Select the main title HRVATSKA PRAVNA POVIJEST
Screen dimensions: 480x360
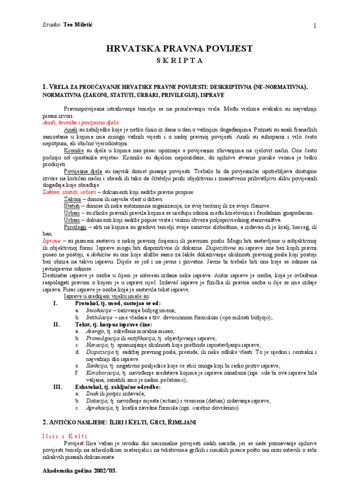coord(180,49)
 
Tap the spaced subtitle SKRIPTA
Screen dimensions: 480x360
coord(180,60)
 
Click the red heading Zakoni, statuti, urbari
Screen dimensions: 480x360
coord(69,192)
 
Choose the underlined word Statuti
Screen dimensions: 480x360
coord(72,206)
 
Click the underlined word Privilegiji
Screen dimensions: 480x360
coord(75,227)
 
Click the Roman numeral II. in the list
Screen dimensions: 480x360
coord(57,324)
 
